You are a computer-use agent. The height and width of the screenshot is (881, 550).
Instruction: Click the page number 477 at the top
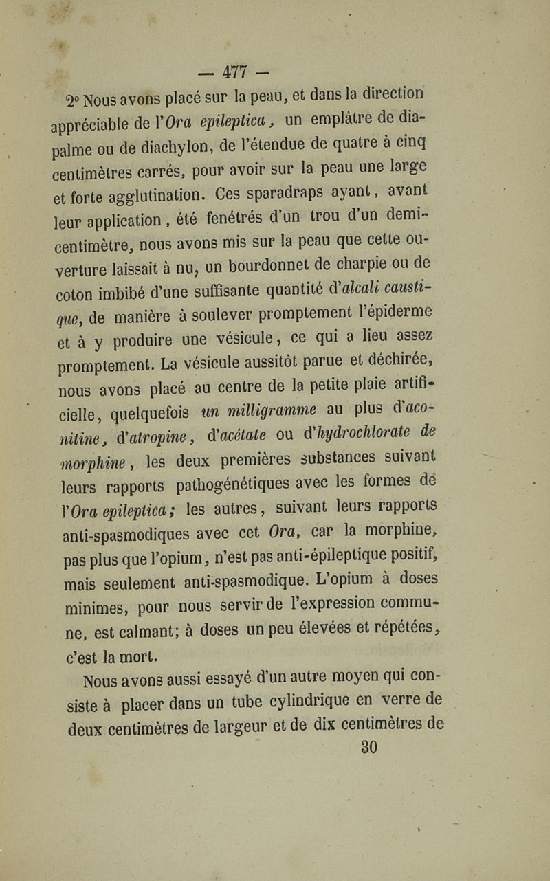[x=235, y=71]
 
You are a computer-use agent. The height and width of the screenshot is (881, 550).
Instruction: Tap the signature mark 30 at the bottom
[x=369, y=747]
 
